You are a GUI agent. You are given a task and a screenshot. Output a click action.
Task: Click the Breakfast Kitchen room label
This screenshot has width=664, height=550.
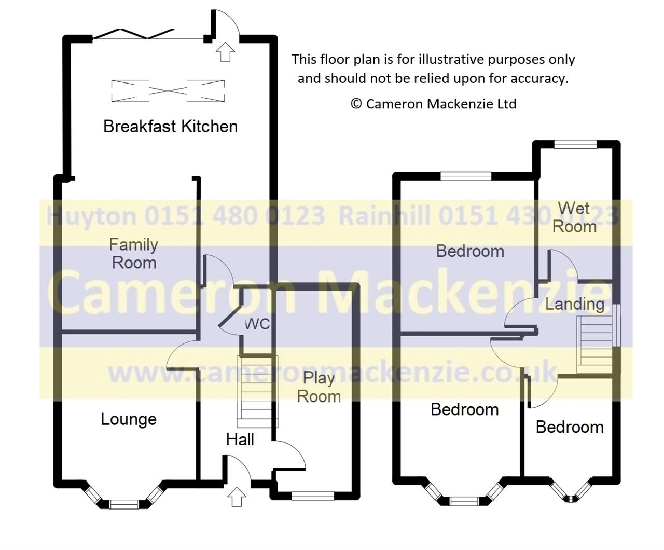coord(170,126)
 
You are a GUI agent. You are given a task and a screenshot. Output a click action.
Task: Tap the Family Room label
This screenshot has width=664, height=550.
coord(133,253)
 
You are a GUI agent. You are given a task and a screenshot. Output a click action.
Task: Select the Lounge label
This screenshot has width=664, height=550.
coord(129,419)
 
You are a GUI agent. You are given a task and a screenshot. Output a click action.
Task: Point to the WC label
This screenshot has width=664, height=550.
coord(257,324)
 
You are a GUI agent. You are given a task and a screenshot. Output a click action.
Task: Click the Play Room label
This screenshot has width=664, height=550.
coord(319,387)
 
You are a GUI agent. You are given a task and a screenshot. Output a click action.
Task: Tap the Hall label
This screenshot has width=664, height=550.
coord(240,439)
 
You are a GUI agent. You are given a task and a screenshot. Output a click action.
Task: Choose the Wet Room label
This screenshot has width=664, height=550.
coord(574,217)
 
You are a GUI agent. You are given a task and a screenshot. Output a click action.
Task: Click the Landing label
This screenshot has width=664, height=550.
coord(575,304)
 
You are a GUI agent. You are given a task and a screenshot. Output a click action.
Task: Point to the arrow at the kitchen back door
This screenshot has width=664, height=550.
coord(225,52)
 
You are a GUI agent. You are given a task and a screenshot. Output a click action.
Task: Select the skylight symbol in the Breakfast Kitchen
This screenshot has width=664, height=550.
coord(168,91)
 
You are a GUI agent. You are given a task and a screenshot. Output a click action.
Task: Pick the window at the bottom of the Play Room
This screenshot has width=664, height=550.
coord(312,496)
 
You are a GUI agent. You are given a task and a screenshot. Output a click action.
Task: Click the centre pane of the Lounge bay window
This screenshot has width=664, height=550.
coord(123,503)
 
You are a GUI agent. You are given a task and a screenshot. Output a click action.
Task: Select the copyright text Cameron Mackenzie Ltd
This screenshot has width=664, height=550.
coord(434,104)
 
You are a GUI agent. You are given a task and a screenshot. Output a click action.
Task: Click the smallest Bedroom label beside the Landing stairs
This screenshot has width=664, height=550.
coord(570,427)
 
